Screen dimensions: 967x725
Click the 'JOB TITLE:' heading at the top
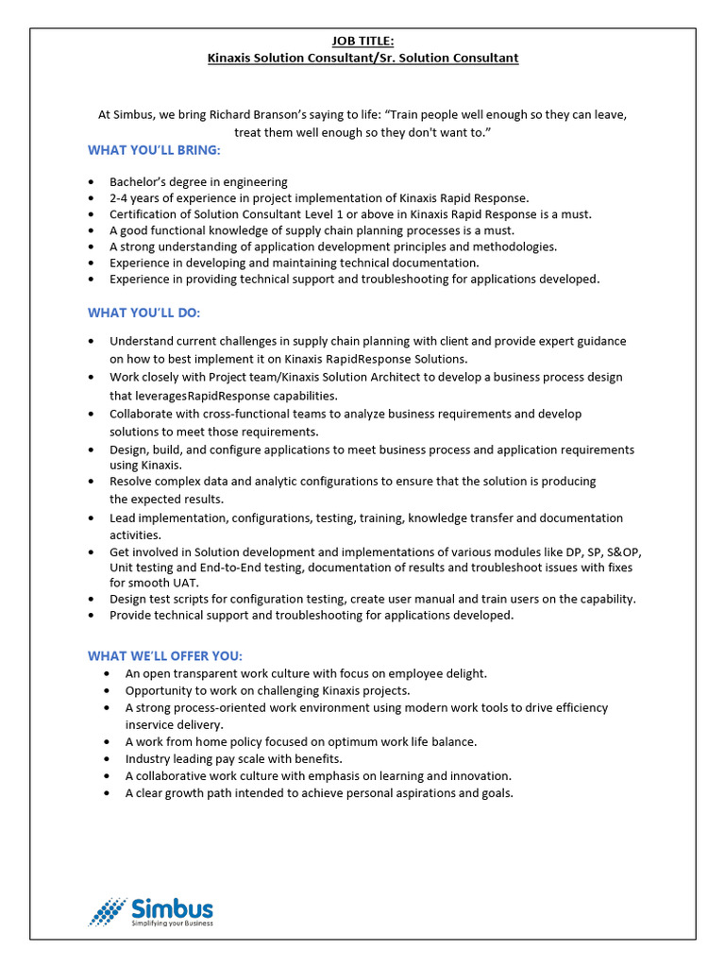coord(362,41)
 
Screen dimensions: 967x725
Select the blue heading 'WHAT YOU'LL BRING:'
coord(155,150)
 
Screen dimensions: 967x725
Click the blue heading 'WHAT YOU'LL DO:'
coord(143,313)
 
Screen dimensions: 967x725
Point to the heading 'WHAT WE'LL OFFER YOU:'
coord(165,655)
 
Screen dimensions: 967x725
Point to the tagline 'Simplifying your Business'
coord(172,923)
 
